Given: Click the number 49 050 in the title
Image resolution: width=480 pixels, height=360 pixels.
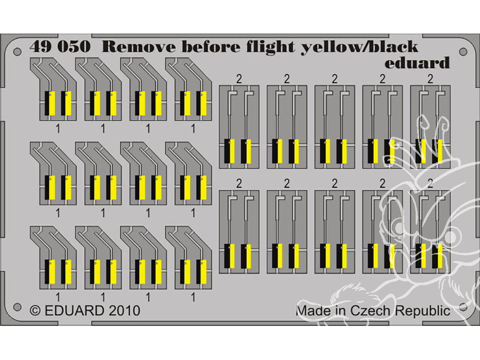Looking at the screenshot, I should click(59, 47).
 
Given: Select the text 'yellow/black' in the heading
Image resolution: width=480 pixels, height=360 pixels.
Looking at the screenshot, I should click(359, 48).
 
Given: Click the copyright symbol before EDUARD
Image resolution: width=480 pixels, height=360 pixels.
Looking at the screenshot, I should click(35, 311).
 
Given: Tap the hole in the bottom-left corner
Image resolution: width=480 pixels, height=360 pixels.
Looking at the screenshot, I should click(18, 306).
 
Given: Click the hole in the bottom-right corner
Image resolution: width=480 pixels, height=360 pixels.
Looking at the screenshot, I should click(463, 306).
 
